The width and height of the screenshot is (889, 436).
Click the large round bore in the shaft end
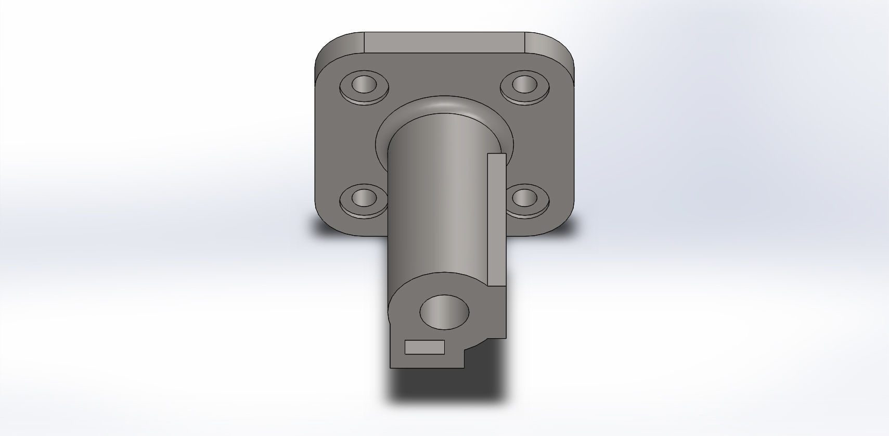click(444, 312)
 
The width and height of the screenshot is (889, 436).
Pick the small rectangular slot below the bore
click(424, 347)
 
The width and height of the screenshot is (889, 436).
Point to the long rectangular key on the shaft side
click(497, 219)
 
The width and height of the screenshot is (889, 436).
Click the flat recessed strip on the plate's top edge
click(444, 42)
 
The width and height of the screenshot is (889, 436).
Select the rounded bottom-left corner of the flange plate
click(328, 224)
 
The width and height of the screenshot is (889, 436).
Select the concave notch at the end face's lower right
click(479, 346)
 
